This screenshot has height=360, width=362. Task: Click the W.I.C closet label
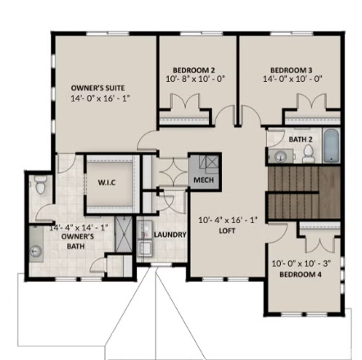(106, 183)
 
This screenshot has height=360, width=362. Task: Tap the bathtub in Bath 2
(330, 148)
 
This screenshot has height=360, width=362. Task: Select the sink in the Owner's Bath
(36, 248)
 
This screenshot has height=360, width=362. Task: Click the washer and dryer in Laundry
(144, 238)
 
